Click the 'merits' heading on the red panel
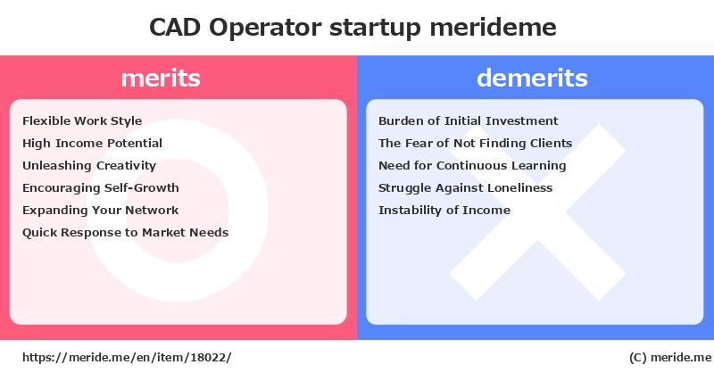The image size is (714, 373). (x=161, y=78)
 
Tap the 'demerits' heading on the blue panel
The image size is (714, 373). (x=532, y=78)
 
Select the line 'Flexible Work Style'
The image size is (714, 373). (x=82, y=121)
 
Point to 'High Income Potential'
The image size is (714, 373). (x=92, y=144)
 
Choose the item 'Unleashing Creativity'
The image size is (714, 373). (x=89, y=166)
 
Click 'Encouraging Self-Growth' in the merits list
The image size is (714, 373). (x=101, y=188)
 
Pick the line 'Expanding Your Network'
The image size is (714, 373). (x=100, y=211)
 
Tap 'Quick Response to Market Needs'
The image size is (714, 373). (x=125, y=233)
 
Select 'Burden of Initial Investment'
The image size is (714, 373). (x=468, y=120)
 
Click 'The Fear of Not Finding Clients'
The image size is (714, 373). (x=475, y=144)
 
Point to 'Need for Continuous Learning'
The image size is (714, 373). (x=472, y=166)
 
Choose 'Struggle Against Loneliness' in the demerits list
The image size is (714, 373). (x=465, y=188)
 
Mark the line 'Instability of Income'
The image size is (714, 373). (x=444, y=211)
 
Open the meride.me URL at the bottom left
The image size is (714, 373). (x=127, y=358)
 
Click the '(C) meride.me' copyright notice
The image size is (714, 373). (x=670, y=358)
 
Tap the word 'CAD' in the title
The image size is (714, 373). (x=175, y=28)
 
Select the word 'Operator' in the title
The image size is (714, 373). (x=265, y=29)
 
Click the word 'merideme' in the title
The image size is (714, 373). (x=493, y=28)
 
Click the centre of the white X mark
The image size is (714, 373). (x=538, y=212)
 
